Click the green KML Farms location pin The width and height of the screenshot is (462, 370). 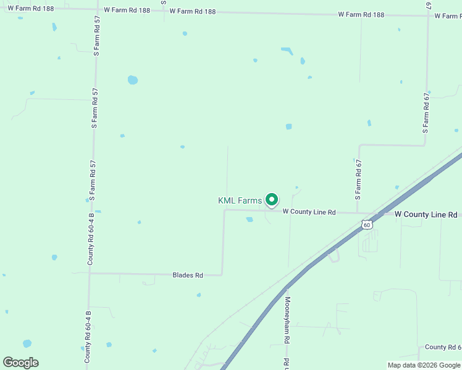pos(271,199)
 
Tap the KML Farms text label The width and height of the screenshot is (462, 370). pos(240,200)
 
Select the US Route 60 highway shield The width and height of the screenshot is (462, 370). pos(367,225)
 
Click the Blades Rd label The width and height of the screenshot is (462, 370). pos(188,275)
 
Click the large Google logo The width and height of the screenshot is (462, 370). pos(20,362)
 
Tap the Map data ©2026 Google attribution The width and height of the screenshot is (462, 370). pos(423,365)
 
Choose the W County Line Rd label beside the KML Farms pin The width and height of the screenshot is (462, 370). pos(309,212)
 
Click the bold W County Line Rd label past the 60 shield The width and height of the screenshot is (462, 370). pos(426,215)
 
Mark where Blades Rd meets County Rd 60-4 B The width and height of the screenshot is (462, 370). pos(90,273)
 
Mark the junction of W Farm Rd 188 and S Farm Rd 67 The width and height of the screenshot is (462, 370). pos(428,15)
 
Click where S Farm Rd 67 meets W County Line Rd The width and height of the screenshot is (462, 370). pos(358,213)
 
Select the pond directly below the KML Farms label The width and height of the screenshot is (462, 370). pos(250,219)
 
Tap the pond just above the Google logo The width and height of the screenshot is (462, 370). pos(27,343)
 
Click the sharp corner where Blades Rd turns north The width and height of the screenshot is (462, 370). pos(222,274)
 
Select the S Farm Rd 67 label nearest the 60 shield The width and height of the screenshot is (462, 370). pos(358,179)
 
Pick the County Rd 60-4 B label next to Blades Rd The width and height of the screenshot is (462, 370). pos(90,239)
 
